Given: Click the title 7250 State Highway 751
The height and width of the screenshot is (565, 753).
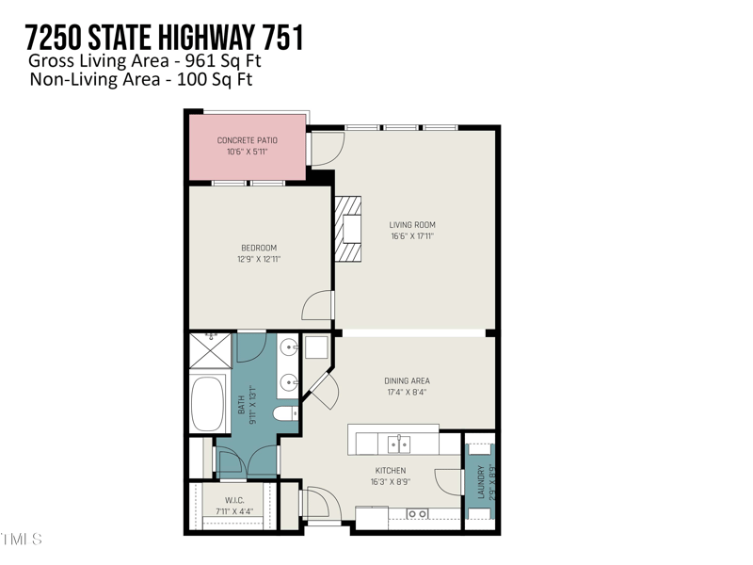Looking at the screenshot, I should coord(165,38).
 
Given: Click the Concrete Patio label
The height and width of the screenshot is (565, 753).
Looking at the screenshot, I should coord(248,140).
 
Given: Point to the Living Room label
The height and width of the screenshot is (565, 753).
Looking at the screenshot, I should coord(412,225).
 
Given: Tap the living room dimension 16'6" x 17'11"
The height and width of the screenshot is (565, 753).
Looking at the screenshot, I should coord(412,236).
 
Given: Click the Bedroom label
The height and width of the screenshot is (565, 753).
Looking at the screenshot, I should coord(259,249).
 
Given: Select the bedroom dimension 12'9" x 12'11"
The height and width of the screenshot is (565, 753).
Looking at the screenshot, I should coord(259,259).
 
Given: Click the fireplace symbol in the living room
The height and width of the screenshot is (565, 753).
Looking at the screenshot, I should coord(348,229).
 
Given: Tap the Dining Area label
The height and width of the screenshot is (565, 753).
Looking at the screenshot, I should coord(407,381).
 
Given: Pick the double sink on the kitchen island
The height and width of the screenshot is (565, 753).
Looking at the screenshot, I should coord(400,443).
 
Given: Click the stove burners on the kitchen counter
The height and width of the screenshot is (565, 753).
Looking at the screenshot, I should coord(417,513).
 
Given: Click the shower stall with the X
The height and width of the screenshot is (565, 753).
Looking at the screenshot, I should coord(211,351).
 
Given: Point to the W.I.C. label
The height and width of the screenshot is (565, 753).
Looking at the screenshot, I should coord(235,500).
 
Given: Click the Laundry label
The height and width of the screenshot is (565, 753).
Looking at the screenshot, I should coord(481,482).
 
